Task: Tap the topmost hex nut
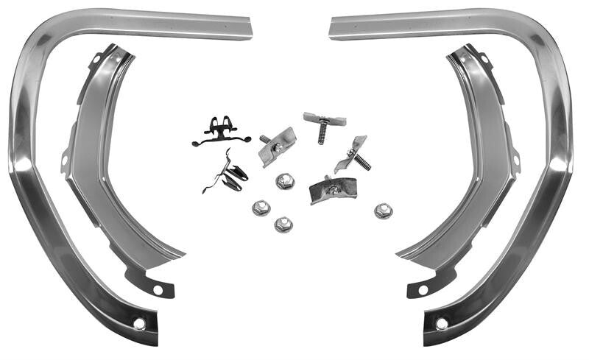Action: [285, 181]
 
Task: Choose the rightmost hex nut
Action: [383, 211]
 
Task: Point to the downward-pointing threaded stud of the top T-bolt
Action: [322, 133]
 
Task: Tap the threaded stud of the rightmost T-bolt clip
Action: [361, 162]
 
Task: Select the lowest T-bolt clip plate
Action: [333, 189]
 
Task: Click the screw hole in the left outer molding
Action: [139, 323]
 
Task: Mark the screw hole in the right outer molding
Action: [442, 323]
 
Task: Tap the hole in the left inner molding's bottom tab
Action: [158, 289]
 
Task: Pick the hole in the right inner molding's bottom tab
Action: [423, 289]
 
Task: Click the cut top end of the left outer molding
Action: [249, 29]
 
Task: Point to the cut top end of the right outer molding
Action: [333, 29]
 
